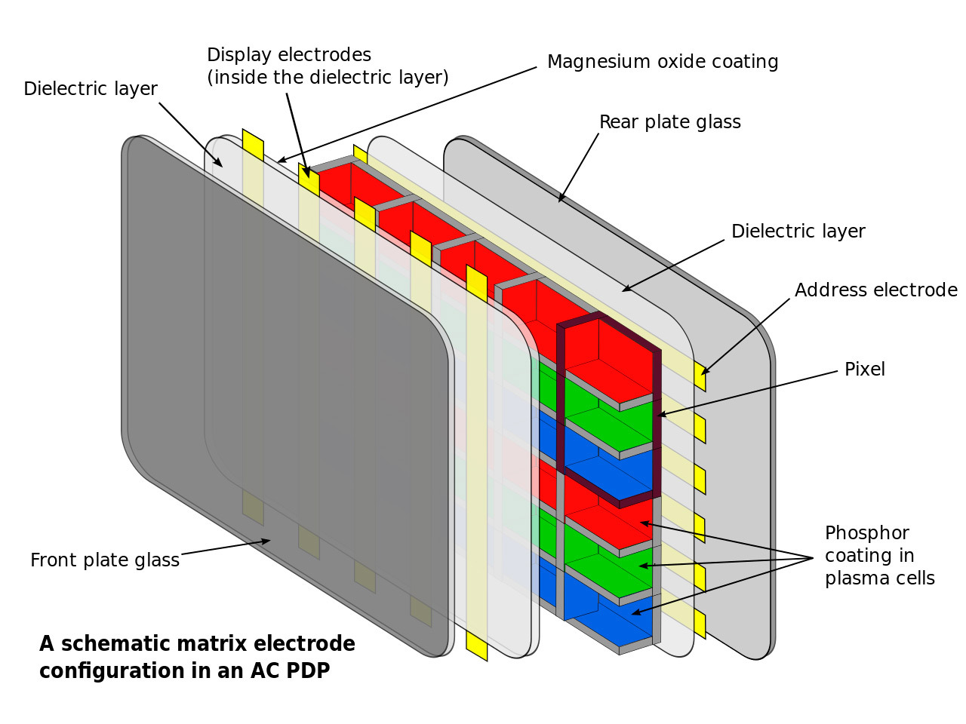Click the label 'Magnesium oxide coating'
(663, 62)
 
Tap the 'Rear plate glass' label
(670, 121)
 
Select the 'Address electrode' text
(875, 290)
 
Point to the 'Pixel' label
(864, 370)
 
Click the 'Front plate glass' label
(105, 560)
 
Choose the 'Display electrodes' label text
(289, 55)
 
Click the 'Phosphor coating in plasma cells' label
(879, 556)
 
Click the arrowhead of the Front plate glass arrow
(265, 541)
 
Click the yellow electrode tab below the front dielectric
(477, 646)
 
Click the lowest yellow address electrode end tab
(700, 624)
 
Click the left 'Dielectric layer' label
(91, 89)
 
